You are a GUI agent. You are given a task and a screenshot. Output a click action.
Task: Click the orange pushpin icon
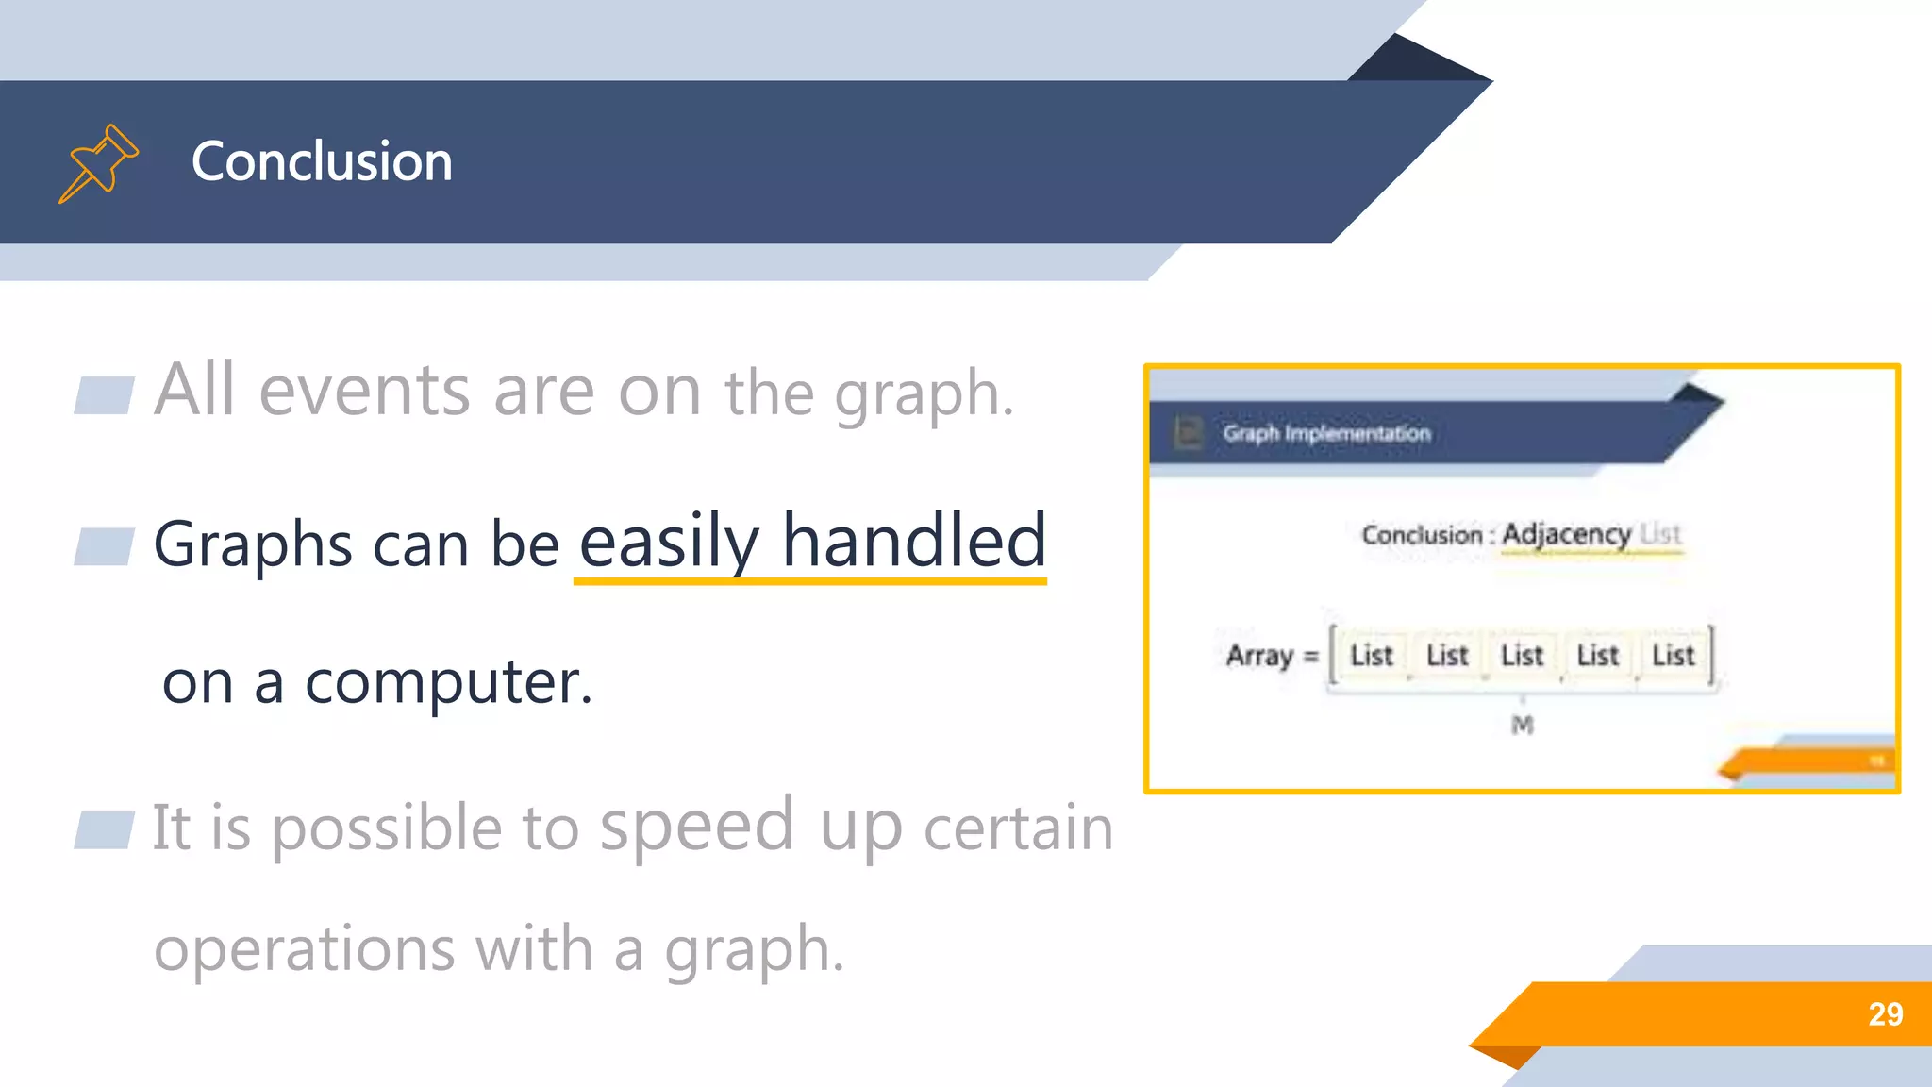99,162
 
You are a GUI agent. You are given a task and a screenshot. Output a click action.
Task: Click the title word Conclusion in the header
322,161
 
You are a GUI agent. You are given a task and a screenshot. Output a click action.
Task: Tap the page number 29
1885,1014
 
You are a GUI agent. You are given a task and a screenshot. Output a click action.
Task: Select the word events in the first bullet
364,390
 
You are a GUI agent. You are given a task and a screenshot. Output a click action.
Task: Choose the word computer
448,681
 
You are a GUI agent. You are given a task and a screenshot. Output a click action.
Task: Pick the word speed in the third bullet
697,824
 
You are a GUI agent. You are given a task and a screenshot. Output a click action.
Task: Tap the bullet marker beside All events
104,395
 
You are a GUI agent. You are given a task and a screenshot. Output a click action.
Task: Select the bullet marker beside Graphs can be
104,546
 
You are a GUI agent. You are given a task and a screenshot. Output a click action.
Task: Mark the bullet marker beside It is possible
104,829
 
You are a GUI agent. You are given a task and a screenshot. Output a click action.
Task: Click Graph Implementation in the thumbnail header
1326,433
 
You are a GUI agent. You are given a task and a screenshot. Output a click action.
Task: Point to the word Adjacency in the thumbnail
1566,534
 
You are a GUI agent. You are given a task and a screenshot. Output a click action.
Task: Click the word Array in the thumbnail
1259,655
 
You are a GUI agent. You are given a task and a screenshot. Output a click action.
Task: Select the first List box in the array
1371,655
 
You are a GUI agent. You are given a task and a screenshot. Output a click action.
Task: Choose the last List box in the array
1673,655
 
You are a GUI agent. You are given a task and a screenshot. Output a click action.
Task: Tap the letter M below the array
1522,725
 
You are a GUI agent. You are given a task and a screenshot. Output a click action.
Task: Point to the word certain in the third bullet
1018,828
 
